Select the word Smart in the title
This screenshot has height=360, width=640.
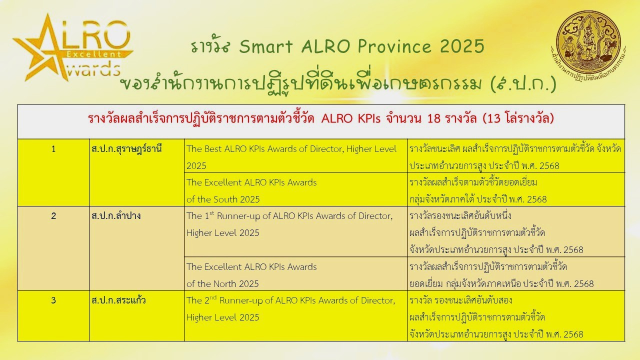click(266, 46)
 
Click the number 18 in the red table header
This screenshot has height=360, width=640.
click(433, 118)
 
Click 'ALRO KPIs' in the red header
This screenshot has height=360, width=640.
click(351, 118)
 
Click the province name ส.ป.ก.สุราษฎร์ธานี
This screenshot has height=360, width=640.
click(126, 149)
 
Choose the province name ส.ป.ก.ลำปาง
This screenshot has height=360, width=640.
click(116, 216)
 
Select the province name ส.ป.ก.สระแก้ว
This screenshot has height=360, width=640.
click(118, 300)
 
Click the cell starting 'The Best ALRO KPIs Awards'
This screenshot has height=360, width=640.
click(295, 156)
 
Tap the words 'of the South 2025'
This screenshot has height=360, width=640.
click(223, 199)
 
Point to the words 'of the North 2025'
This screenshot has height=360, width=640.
click(222, 283)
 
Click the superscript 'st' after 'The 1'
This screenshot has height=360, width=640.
click(211, 213)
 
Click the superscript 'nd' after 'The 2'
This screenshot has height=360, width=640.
click(213, 297)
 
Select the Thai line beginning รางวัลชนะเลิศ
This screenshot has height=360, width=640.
click(515, 149)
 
